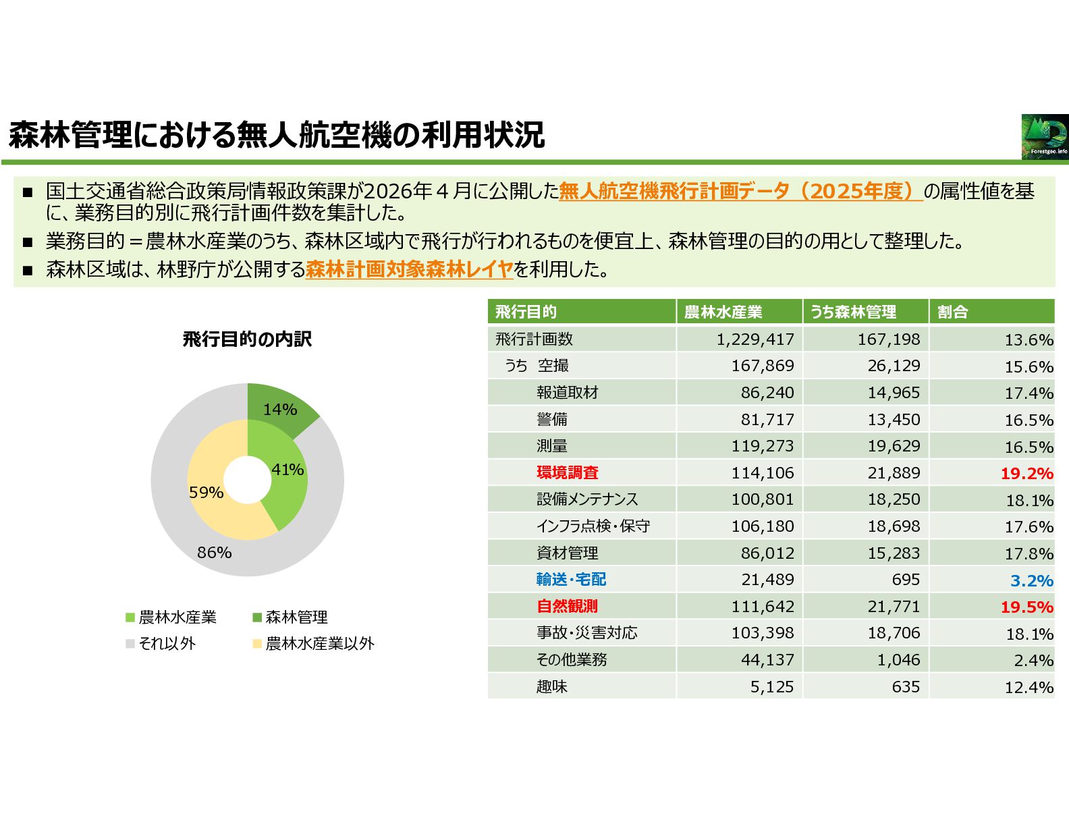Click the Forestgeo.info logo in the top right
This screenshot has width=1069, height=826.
coord(1045,137)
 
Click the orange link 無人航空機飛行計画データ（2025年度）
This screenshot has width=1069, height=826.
coord(740,192)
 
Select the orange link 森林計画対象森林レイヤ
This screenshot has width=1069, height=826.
coord(409,270)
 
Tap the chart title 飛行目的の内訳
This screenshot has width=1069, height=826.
coord(247,339)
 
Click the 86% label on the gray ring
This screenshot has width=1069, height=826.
coord(214,553)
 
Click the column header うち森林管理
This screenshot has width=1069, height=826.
coord(853,312)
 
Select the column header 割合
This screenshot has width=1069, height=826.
coord(953,312)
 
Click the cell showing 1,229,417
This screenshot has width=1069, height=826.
coord(755,339)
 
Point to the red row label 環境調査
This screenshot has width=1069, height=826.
coord(568,473)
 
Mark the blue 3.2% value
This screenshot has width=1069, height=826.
coord(1031,580)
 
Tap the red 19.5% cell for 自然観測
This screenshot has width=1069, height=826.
coord(1026,607)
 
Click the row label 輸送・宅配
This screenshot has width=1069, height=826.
coord(571,580)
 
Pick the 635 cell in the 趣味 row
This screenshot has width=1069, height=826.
coord(905,687)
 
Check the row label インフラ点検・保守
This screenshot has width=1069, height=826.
coord(593,526)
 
